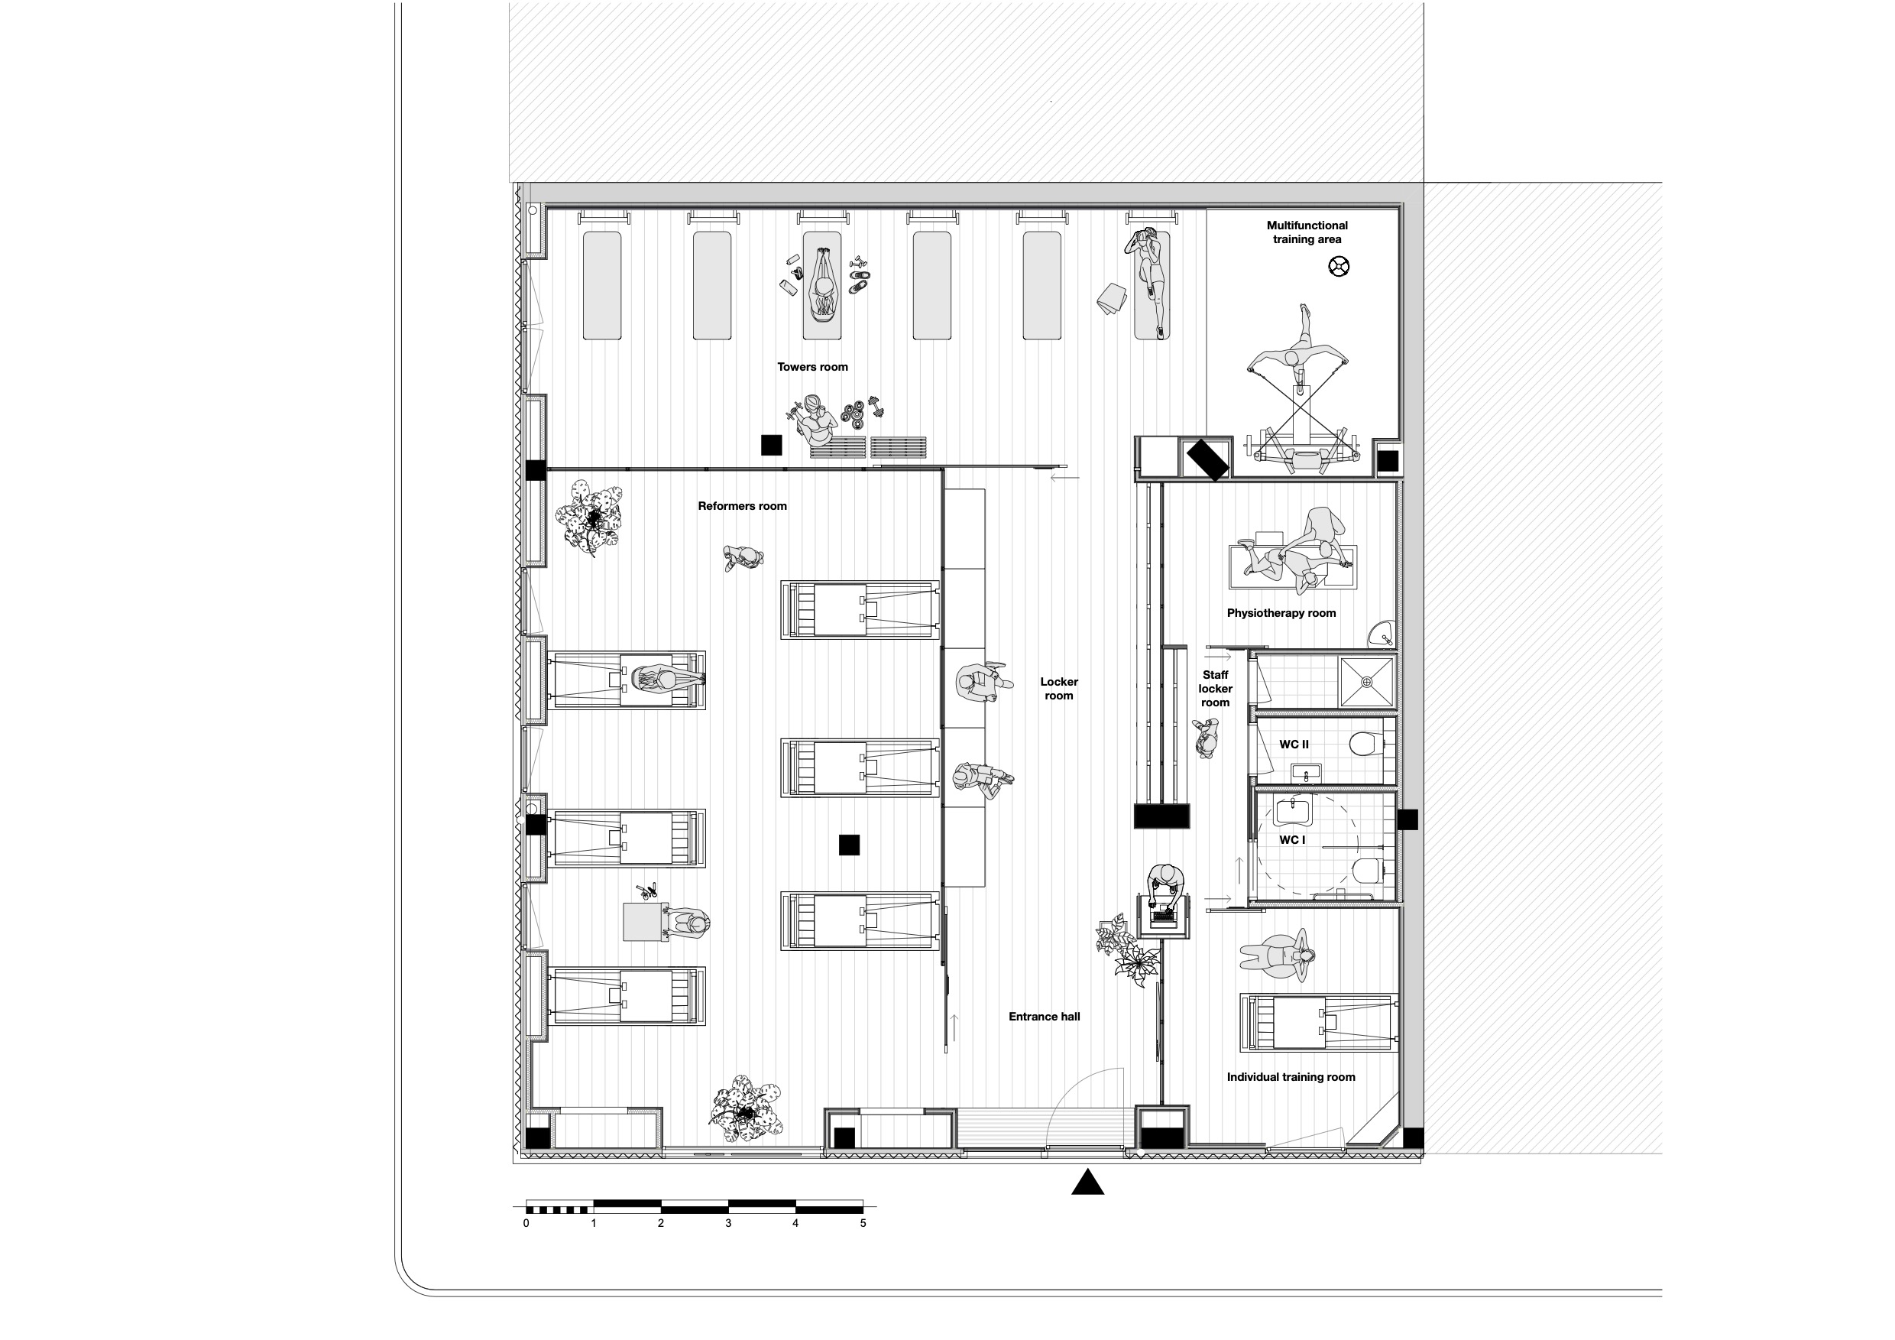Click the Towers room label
(812, 368)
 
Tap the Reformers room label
(742, 506)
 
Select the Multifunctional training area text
(1307, 232)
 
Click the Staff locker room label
(1215, 689)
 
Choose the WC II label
(1294, 745)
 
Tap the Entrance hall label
(1044, 1017)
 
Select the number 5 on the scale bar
(863, 1224)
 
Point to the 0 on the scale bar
(526, 1224)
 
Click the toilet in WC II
(1366, 744)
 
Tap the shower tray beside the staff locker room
(1366, 682)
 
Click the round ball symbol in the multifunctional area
(1339, 267)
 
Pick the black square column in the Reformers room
(849, 845)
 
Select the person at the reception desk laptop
(1165, 887)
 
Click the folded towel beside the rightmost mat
(1113, 298)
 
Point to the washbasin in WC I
(1292, 810)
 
